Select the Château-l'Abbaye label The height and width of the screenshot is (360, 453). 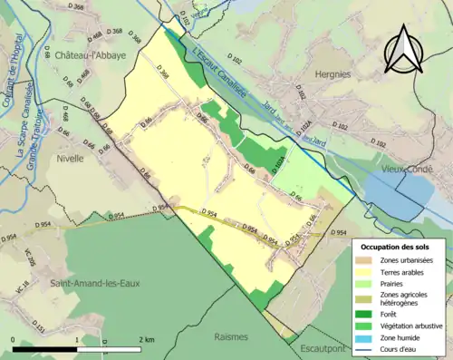coord(90,54)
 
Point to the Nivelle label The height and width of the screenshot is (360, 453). coord(69,157)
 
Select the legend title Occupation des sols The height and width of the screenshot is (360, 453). coord(397,246)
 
